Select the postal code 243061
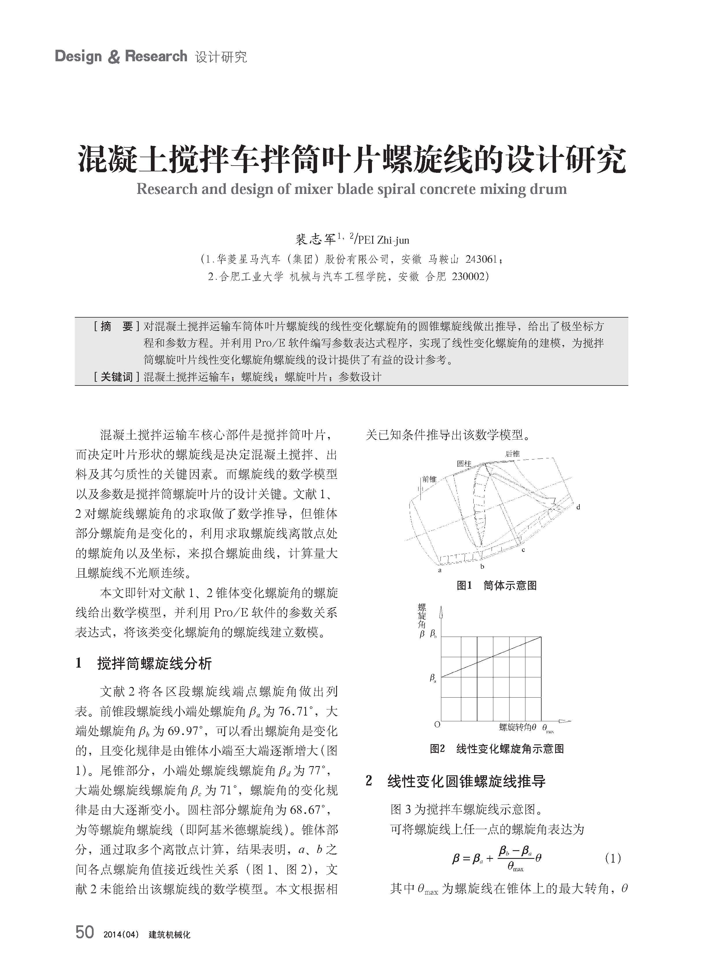(481, 260)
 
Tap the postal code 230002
(468, 277)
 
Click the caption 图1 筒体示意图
(496, 585)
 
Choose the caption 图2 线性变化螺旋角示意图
(496, 749)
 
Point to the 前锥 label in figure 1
(429, 479)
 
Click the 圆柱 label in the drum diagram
(464, 464)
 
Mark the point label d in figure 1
(578, 507)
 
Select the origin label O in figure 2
(437, 724)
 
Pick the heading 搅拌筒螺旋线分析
(155, 664)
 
